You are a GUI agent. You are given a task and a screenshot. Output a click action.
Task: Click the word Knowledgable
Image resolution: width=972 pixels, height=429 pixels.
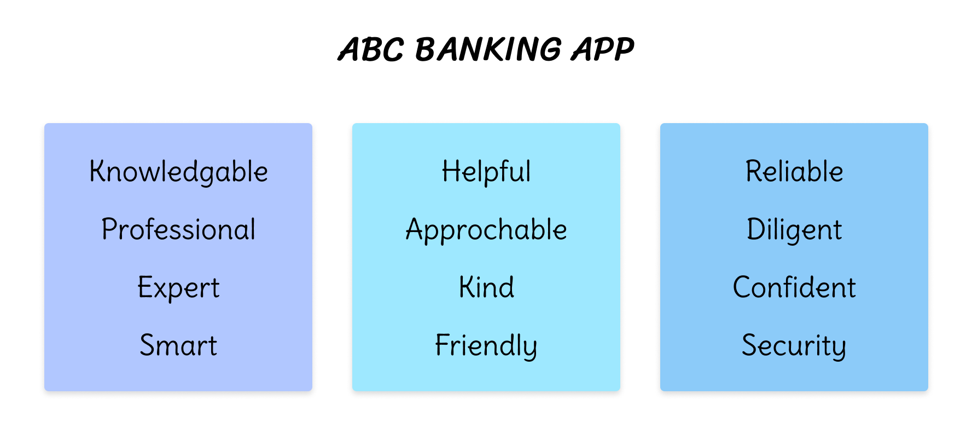(179, 172)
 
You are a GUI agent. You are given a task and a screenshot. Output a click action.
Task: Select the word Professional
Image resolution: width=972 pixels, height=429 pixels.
(179, 229)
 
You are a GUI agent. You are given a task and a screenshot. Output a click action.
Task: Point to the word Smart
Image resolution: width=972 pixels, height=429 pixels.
(179, 345)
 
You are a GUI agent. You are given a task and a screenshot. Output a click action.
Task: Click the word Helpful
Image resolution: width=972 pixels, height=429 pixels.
(486, 172)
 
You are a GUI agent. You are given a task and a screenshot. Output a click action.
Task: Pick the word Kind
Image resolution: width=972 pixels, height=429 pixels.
(486, 287)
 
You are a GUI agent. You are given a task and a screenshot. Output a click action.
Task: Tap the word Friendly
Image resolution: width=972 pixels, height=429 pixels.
(486, 346)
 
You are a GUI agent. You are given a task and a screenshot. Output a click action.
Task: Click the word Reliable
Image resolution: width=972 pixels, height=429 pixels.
(794, 171)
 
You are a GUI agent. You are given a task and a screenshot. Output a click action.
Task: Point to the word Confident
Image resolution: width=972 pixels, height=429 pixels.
(794, 287)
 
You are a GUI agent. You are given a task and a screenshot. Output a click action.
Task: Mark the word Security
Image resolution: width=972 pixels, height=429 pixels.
(794, 346)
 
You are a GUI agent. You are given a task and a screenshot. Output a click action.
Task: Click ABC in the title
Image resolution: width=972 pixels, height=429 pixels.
(371, 49)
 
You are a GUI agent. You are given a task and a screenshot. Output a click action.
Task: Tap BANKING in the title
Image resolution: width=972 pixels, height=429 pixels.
(488, 49)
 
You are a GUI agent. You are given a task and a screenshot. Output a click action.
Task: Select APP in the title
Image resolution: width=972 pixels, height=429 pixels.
(603, 49)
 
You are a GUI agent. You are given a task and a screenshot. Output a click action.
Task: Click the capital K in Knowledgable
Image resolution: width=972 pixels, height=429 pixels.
(98, 171)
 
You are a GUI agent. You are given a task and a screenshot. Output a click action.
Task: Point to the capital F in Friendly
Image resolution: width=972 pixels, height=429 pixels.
(443, 345)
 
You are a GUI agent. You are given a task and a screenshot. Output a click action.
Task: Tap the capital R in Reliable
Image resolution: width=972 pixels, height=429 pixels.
(755, 171)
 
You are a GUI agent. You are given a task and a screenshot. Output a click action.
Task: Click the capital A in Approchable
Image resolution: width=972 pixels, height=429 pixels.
(416, 229)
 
